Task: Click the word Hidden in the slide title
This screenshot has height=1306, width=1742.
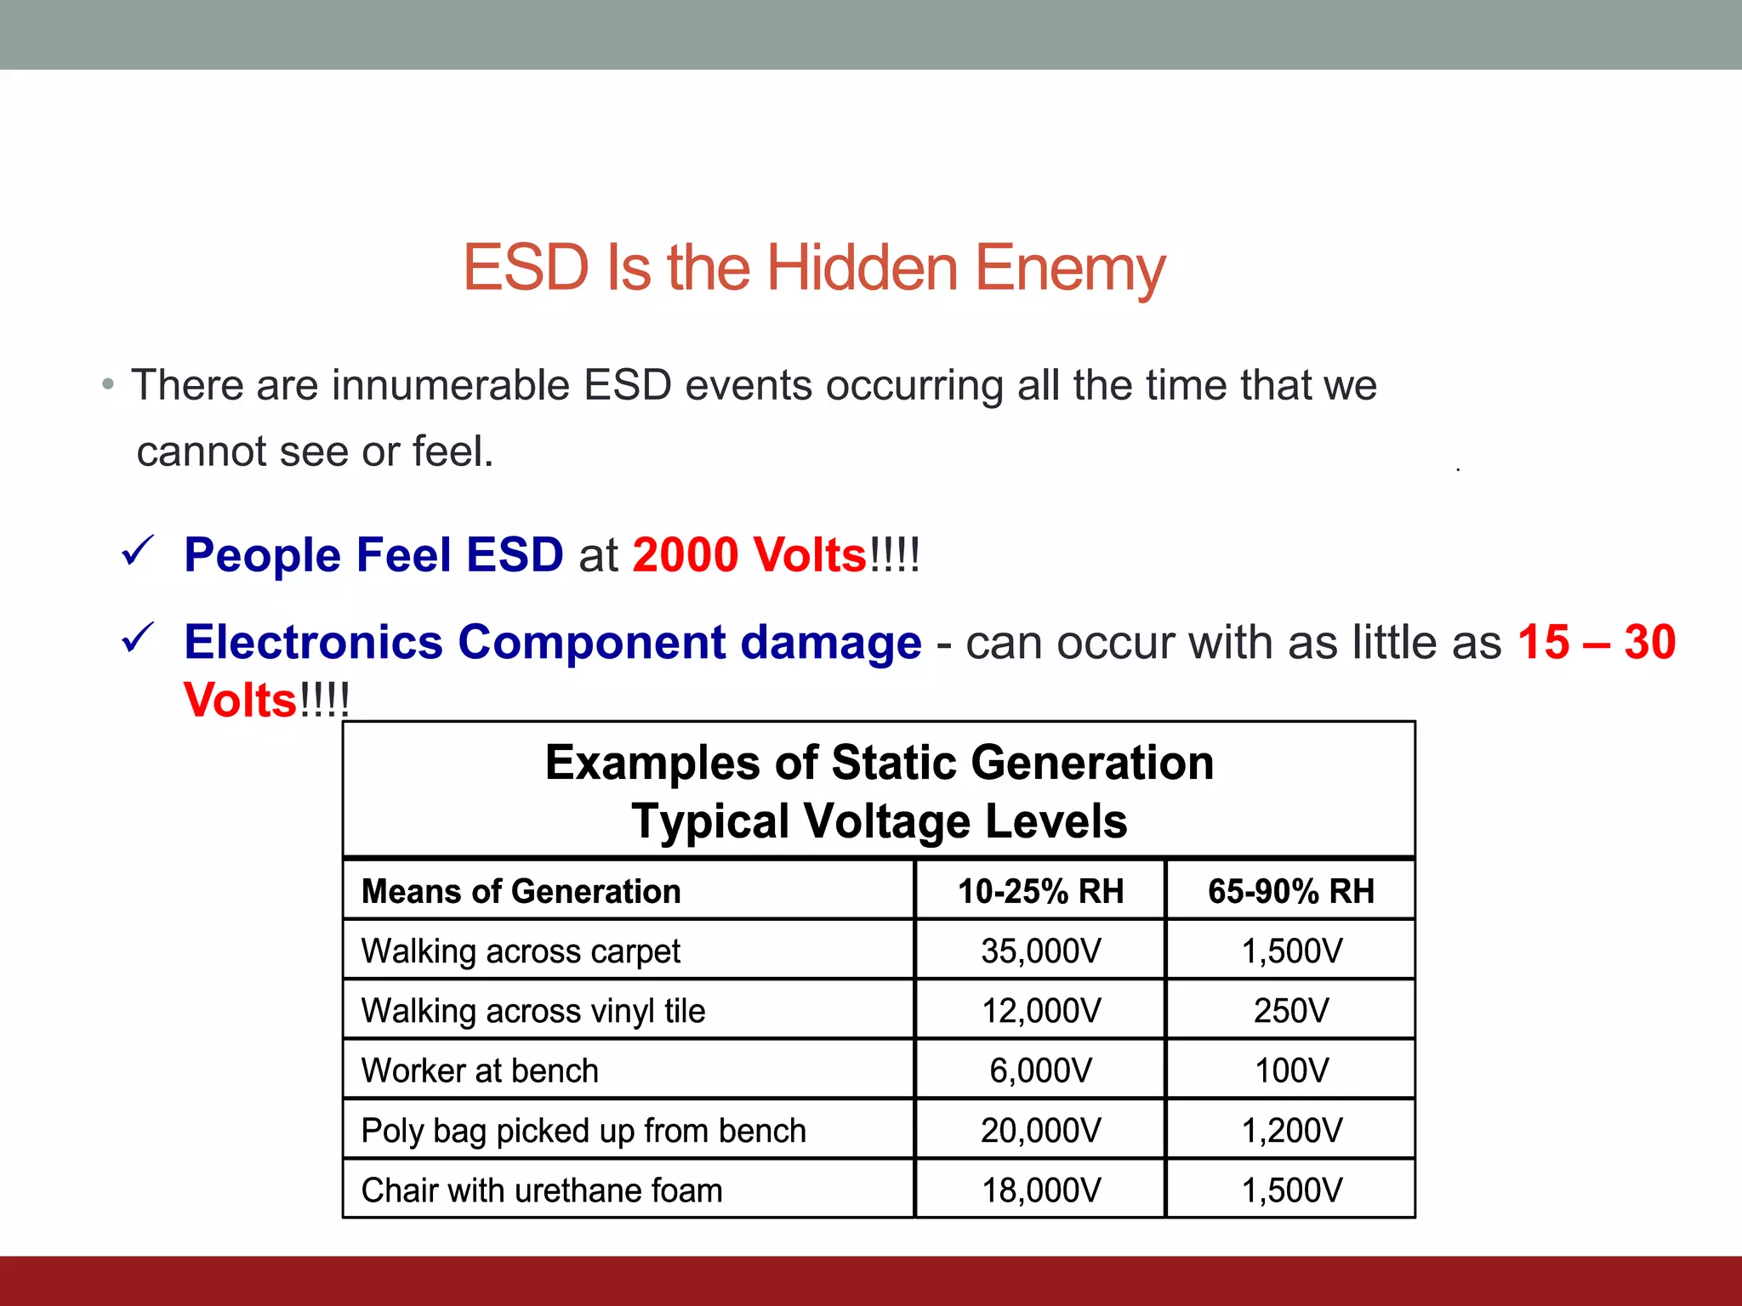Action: pos(862,268)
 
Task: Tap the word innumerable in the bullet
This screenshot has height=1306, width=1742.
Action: pos(450,385)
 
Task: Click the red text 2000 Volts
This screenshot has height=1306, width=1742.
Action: pos(749,555)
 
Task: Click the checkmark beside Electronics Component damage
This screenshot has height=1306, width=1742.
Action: pos(138,639)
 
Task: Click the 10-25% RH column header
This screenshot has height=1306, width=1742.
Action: pos(1040,891)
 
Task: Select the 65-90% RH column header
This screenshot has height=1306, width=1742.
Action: pos(1290,891)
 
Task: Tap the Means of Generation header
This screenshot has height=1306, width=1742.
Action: pos(521,891)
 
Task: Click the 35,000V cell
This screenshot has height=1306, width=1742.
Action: pos(1040,951)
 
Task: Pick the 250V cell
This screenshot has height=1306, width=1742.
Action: pos(1290,1011)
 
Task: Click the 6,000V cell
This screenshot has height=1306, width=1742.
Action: pos(1040,1070)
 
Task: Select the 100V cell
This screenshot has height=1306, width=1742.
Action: pos(1290,1070)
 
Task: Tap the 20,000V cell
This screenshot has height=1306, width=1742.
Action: pos(1040,1131)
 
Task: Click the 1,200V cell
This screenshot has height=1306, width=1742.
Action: pos(1290,1131)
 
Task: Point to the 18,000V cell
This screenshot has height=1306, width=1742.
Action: pos(1040,1190)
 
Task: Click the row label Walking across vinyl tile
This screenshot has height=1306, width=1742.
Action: pos(533,1011)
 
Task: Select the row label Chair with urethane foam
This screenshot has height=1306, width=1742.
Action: pos(542,1190)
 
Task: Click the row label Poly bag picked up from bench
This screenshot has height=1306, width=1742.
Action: pos(584,1131)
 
